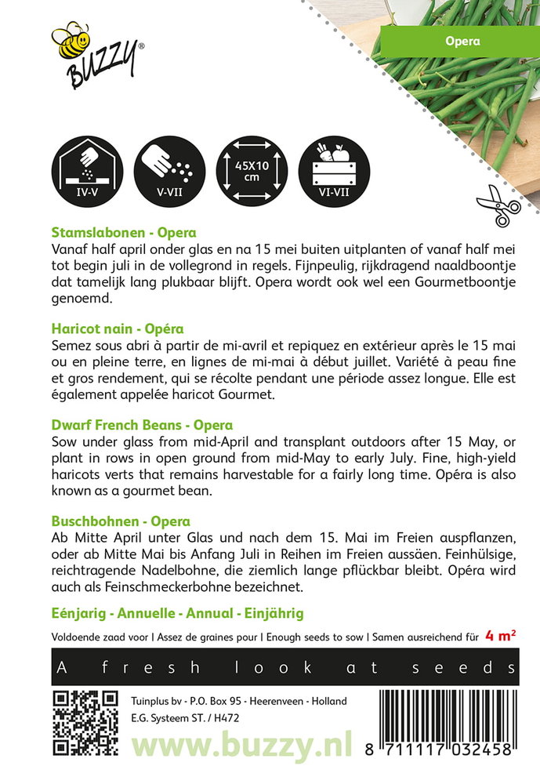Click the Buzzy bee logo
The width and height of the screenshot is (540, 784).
point(96,56)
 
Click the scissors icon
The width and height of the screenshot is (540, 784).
point(498,205)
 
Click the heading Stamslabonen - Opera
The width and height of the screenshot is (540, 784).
point(123,232)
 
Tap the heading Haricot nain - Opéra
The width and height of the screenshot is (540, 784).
point(117,328)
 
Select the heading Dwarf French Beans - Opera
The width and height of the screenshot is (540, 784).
point(141,425)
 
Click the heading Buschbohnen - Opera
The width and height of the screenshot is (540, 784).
point(121,521)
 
